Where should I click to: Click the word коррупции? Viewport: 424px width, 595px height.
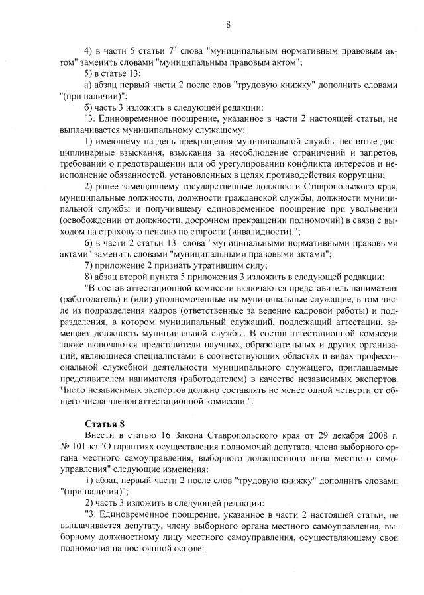pos(360,175)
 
